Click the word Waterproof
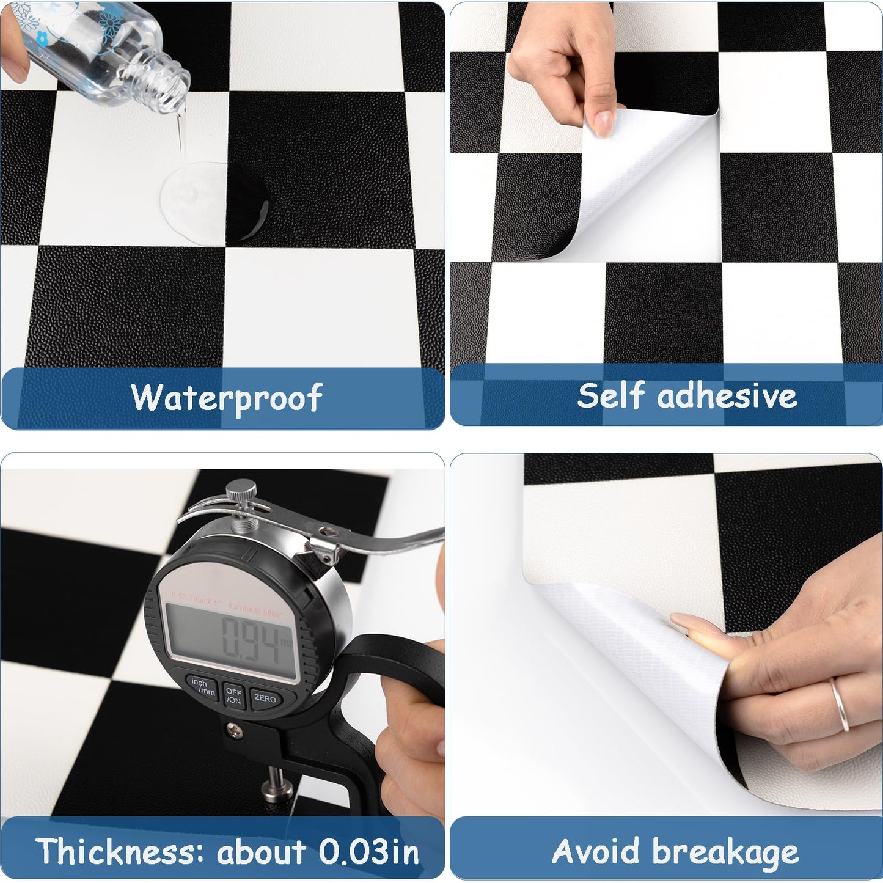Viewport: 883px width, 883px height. (x=226, y=398)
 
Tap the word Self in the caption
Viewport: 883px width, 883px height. (x=611, y=395)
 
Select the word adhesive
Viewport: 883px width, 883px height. (x=727, y=395)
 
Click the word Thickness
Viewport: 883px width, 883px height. (x=118, y=851)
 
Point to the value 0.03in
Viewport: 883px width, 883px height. (x=368, y=851)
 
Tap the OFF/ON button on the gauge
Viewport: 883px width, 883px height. (x=233, y=696)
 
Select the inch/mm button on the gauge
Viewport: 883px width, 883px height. (x=202, y=686)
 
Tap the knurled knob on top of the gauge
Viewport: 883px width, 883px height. (x=240, y=491)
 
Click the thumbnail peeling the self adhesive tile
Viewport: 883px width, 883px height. (x=604, y=122)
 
